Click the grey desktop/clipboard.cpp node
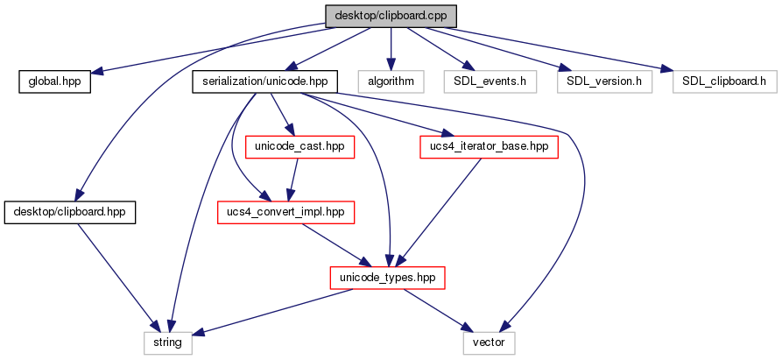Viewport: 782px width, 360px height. coord(391,16)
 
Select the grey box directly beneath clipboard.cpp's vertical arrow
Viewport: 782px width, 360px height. coord(391,81)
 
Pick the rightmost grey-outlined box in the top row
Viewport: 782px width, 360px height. coord(724,81)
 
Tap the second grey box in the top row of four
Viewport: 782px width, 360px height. coord(490,81)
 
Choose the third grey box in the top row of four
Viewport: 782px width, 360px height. coord(605,81)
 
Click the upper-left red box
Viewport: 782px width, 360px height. coord(299,147)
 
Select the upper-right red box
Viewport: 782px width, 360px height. coord(489,147)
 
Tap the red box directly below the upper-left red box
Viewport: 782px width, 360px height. coord(285,212)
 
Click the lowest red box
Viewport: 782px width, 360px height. coord(387,278)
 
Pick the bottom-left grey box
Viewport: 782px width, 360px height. coord(167,343)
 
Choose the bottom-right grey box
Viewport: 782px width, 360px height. coord(489,343)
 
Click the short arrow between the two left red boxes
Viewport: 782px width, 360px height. coord(294,180)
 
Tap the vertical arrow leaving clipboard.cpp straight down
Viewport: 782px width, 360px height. coord(391,48)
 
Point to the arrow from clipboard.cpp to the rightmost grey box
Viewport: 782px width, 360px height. coord(560,48)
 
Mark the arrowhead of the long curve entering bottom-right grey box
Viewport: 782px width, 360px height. coord(505,327)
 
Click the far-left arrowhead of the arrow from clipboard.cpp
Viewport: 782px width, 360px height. coord(99,72)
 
